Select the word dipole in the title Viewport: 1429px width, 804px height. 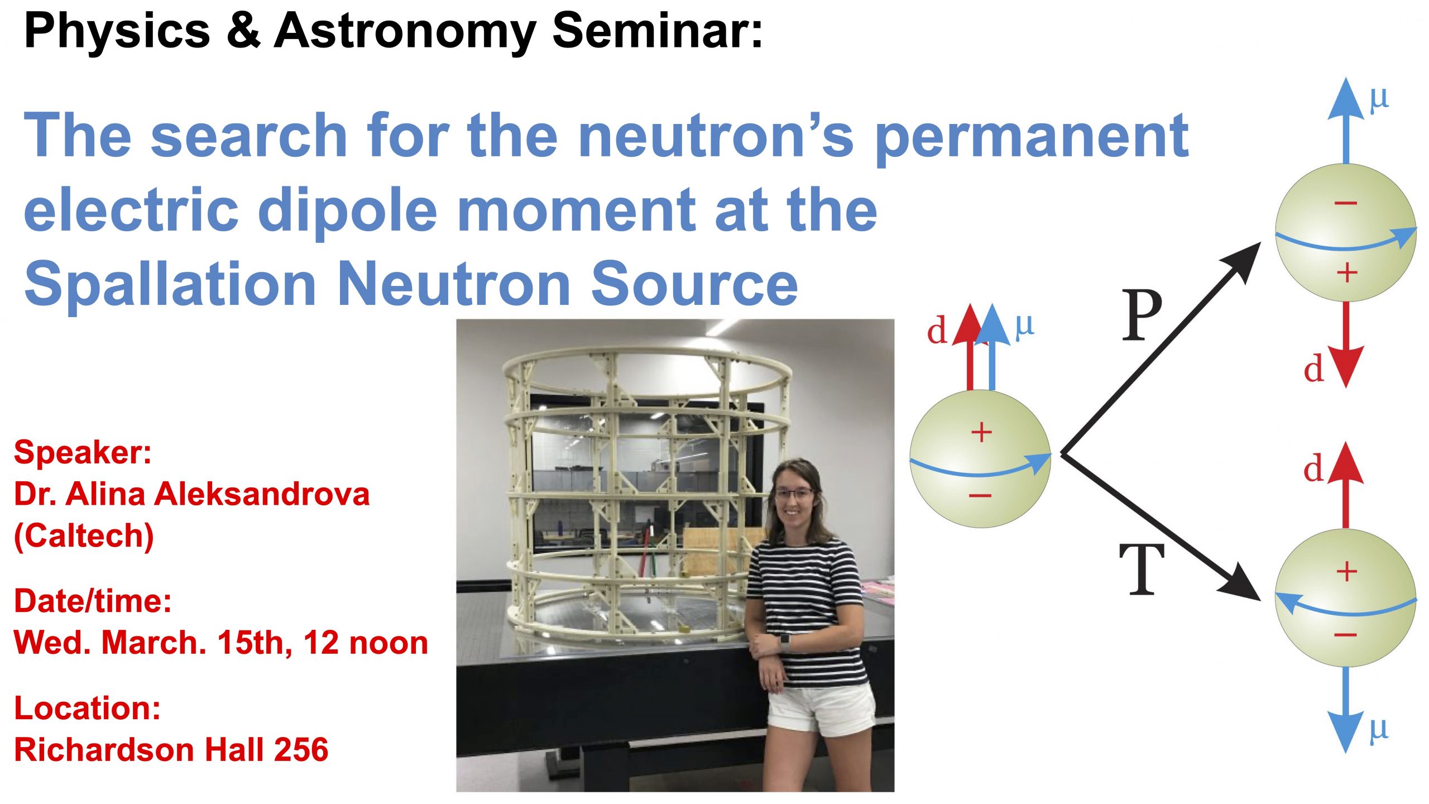pos(348,211)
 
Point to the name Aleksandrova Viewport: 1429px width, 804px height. pos(262,494)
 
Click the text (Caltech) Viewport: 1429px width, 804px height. pos(84,537)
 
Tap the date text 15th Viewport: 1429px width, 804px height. pos(255,643)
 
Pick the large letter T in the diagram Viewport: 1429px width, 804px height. pos(1142,569)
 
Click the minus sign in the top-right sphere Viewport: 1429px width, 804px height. pos(1345,203)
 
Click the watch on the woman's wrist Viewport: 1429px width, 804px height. pos(785,643)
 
